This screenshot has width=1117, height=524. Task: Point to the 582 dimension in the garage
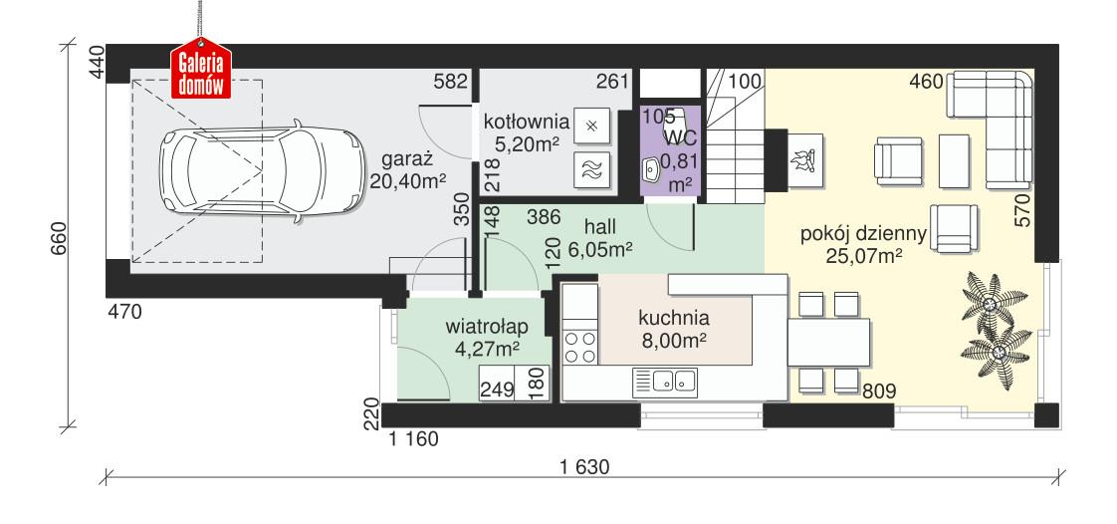[451, 83]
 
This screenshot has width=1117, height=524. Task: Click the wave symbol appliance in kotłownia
[591, 170]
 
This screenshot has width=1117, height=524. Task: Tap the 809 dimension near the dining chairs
[877, 392]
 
